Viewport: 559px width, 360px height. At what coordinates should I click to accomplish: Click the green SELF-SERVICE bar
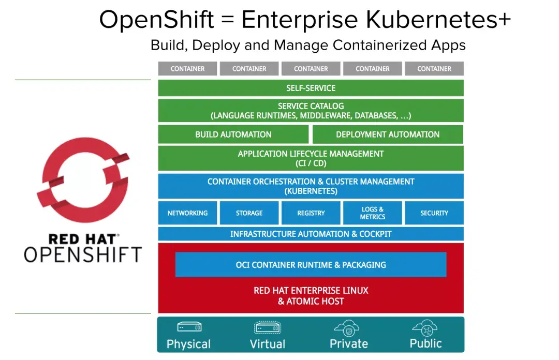point(311,88)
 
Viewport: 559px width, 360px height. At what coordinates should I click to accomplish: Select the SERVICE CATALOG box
point(311,111)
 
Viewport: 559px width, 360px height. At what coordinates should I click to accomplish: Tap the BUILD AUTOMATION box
point(233,134)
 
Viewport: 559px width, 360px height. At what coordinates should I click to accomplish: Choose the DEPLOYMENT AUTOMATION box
point(387,134)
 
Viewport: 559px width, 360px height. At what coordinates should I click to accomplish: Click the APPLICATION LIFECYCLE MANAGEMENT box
point(311,158)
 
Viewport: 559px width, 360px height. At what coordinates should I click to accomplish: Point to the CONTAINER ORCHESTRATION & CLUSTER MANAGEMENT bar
point(311,186)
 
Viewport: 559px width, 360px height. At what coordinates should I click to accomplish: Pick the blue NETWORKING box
point(187,213)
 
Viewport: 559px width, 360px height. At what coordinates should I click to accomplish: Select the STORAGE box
point(249,213)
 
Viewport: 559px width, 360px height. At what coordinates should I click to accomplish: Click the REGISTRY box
point(311,213)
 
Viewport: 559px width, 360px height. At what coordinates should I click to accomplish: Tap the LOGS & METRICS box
point(372,213)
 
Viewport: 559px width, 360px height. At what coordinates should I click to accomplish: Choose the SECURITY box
point(434,213)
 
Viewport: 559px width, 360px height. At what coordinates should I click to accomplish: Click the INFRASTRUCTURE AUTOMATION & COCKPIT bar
point(311,234)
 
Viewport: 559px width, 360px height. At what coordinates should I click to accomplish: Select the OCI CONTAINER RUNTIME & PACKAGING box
point(311,265)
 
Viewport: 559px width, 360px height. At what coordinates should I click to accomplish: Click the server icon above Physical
point(189,327)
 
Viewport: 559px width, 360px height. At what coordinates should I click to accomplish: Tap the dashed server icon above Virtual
point(267,327)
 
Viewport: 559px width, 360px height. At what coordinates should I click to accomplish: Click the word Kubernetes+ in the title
point(440,20)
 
